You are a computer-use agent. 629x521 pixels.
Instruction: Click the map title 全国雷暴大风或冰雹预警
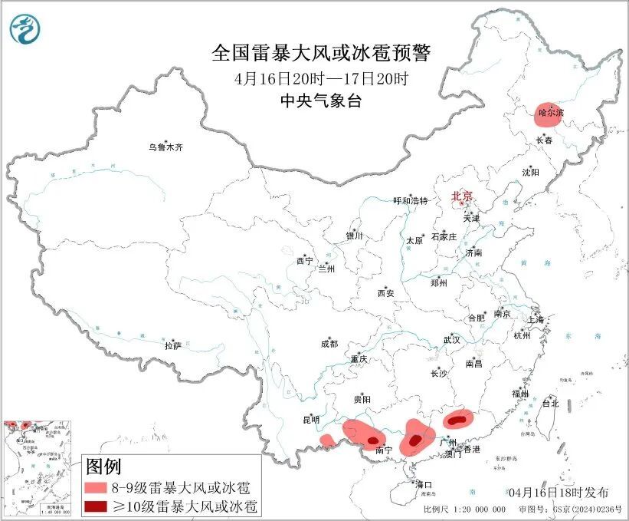[321, 53]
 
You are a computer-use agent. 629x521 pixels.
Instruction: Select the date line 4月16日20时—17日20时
[321, 78]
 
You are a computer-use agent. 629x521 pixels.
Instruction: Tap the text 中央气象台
[321, 101]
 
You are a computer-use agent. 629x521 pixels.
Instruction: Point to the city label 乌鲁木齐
[166, 147]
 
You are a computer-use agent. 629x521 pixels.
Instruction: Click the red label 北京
[462, 196]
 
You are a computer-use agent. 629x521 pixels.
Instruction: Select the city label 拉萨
[172, 346]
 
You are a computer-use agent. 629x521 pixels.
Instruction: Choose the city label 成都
[330, 345]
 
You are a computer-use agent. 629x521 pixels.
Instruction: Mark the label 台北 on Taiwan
[550, 403]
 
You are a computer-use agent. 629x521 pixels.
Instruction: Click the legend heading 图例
[103, 467]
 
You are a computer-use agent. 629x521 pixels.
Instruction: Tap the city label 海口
[424, 485]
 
